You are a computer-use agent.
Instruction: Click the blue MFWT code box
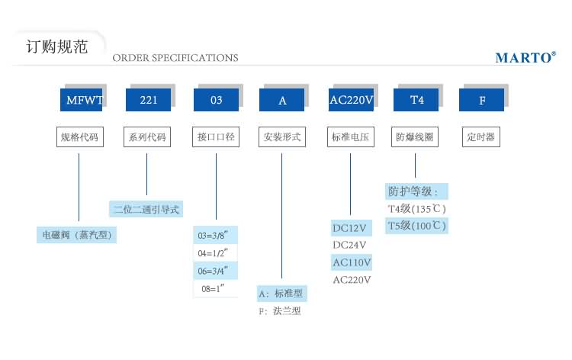81,100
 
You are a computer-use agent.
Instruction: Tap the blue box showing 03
216,100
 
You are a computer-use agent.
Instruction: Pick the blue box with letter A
282,100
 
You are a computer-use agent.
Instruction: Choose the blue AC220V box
351,100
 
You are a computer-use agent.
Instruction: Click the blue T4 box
416,100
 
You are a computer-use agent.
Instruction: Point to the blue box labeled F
481,100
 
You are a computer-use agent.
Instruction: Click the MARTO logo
525,57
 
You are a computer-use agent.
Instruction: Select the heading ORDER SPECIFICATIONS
175,58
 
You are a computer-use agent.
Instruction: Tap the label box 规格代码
80,138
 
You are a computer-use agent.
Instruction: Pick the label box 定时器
480,138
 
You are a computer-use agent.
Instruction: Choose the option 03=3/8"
216,235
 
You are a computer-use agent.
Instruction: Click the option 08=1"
216,289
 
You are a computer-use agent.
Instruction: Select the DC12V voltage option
350,227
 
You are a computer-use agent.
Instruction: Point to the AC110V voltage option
351,262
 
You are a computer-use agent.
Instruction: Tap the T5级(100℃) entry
416,226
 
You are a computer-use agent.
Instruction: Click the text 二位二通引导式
146,209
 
